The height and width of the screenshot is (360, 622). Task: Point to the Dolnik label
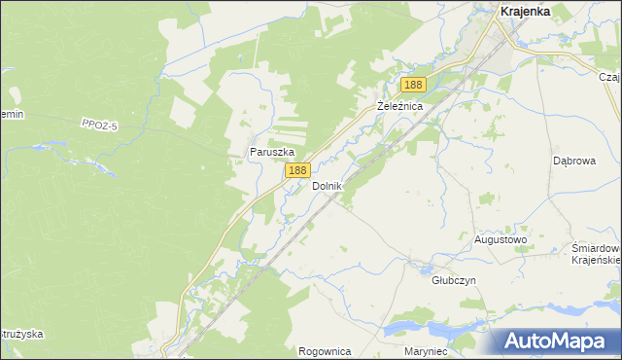(x=327, y=185)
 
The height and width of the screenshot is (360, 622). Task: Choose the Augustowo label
(x=500, y=239)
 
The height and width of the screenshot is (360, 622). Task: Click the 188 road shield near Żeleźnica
(x=413, y=86)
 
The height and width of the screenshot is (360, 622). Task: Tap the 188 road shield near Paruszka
(x=297, y=170)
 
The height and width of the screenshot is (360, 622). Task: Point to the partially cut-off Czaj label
(x=609, y=77)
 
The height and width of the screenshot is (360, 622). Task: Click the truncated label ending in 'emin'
(x=11, y=115)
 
